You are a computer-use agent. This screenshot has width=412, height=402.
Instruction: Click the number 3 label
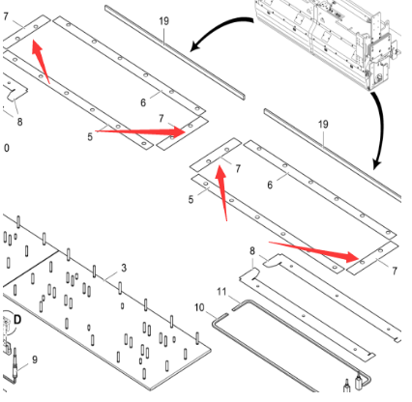pyautogui.click(x=124, y=268)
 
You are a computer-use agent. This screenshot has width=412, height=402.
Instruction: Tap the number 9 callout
pyautogui.click(x=35, y=359)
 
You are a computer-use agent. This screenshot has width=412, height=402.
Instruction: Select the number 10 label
pyautogui.click(x=199, y=307)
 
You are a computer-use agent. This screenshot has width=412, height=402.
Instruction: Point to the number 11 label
pyautogui.click(x=221, y=292)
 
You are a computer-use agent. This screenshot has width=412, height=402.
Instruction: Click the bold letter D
pyautogui.click(x=17, y=320)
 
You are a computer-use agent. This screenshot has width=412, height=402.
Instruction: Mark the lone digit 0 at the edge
pyautogui.click(x=7, y=148)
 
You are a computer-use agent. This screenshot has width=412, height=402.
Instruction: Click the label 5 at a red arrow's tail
pyautogui.click(x=90, y=136)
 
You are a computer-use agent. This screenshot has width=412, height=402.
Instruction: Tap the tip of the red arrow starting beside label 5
pyautogui.click(x=186, y=131)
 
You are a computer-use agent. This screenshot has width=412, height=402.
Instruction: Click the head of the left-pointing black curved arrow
pyautogui.click(x=191, y=50)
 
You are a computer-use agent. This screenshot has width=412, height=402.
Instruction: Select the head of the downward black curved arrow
pyautogui.click(x=375, y=168)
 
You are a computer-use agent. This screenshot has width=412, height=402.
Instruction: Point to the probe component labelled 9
pyautogui.click(x=15, y=364)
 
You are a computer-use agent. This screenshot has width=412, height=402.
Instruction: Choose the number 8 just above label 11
pyautogui.click(x=252, y=251)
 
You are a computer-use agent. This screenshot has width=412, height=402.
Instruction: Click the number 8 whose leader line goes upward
pyautogui.click(x=19, y=122)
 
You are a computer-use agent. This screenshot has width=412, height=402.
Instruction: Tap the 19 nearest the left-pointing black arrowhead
pyautogui.click(x=163, y=21)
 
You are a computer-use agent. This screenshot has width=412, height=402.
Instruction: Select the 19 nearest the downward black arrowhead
pyautogui.click(x=323, y=125)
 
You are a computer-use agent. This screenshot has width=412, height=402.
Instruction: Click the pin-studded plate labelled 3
pyautogui.click(x=106, y=309)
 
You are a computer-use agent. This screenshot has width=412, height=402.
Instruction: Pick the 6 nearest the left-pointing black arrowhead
pyautogui.click(x=143, y=102)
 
